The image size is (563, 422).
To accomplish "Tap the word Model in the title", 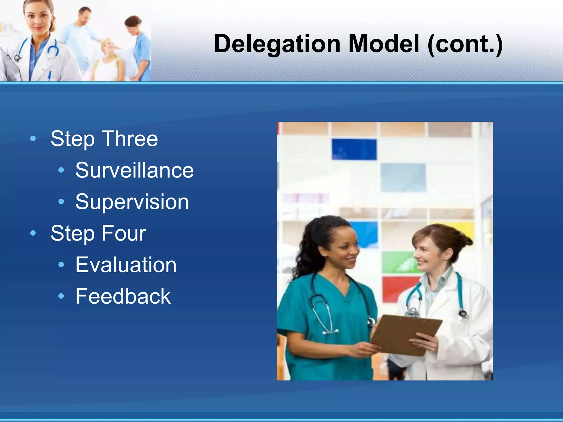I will tap(384, 44).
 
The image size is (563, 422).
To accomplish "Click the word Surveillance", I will tap(134, 170).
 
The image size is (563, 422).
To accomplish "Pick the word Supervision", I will tap(132, 202).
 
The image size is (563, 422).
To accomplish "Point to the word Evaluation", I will tap(126, 265).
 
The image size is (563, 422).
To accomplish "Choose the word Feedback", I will tap(123, 296).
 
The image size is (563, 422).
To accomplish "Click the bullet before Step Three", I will tap(33, 139).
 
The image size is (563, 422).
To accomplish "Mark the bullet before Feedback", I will tap(61, 296).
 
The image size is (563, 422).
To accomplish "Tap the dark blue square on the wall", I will tap(354, 149).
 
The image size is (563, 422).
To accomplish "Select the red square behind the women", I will tap(396, 287).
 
